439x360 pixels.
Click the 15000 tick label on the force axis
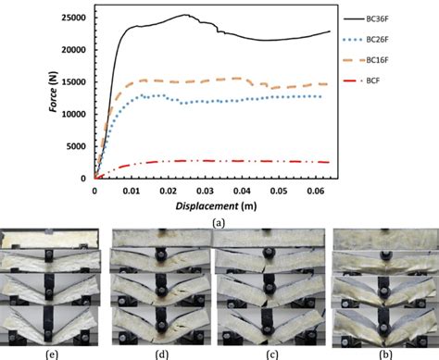click(x=70, y=82)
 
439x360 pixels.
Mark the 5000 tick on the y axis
click(x=73, y=146)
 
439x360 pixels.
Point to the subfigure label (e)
click(x=49, y=353)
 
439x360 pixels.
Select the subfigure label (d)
click(x=160, y=353)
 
